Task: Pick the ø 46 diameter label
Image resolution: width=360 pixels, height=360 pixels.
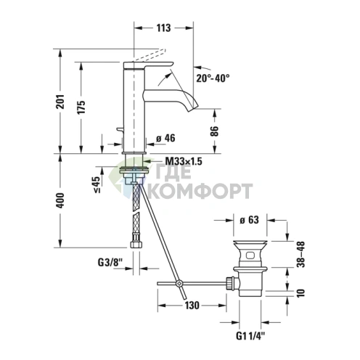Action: click(x=166, y=138)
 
